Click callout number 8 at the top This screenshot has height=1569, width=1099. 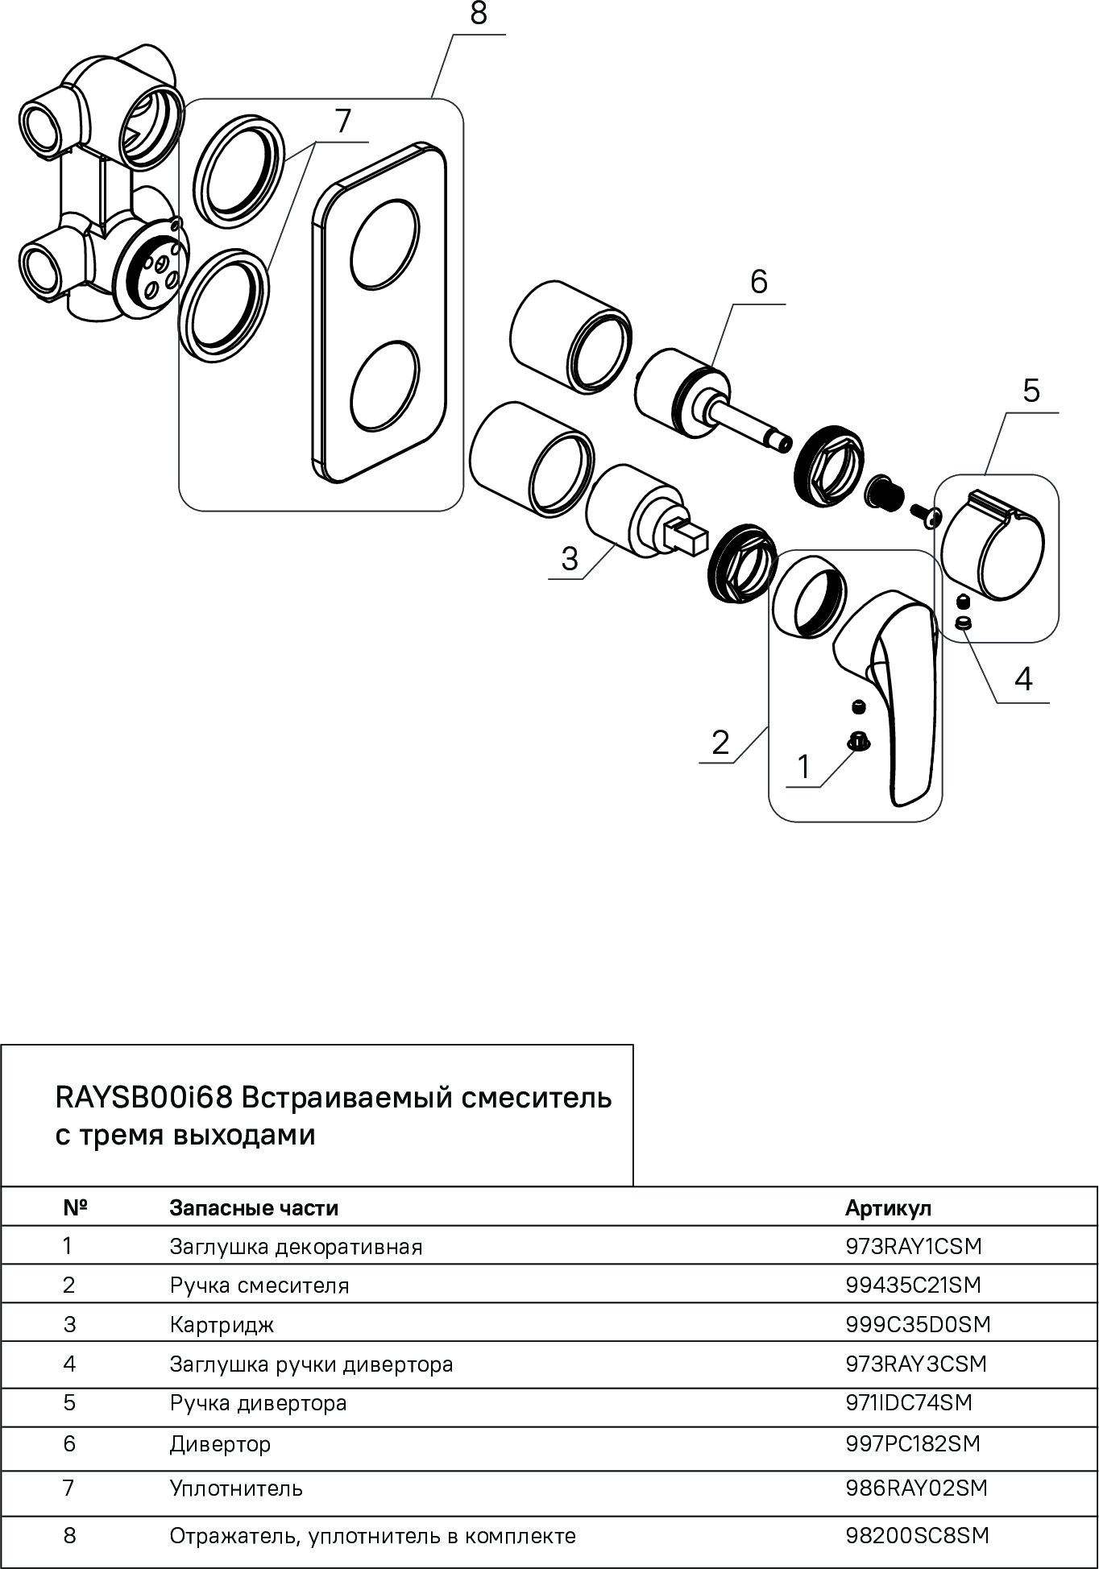pyautogui.click(x=479, y=14)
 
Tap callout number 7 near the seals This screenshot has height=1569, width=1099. pyautogui.click(x=343, y=122)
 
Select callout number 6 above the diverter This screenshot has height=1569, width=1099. pyautogui.click(x=758, y=282)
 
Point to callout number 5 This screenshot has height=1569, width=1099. pyautogui.click(x=1031, y=391)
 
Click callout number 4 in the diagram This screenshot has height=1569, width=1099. pyautogui.click(x=1023, y=680)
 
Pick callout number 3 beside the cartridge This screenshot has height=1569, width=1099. pyautogui.click(x=570, y=558)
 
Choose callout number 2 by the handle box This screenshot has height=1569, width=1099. pyautogui.click(x=720, y=742)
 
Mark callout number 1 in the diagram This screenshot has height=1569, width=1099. pyautogui.click(x=802, y=767)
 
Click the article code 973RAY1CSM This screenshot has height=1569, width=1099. pyautogui.click(x=914, y=1246)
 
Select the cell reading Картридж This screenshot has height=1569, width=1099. pyautogui.click(x=222, y=1324)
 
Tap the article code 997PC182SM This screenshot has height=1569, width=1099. pyautogui.click(x=913, y=1443)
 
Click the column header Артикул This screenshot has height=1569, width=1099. pyautogui.click(x=888, y=1207)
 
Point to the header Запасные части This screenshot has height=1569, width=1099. pyautogui.click(x=254, y=1207)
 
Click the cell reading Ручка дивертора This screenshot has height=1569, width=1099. pyautogui.click(x=258, y=1402)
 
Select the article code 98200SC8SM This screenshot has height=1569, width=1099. pyautogui.click(x=917, y=1535)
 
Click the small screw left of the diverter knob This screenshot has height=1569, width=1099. pyautogui.click(x=924, y=514)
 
